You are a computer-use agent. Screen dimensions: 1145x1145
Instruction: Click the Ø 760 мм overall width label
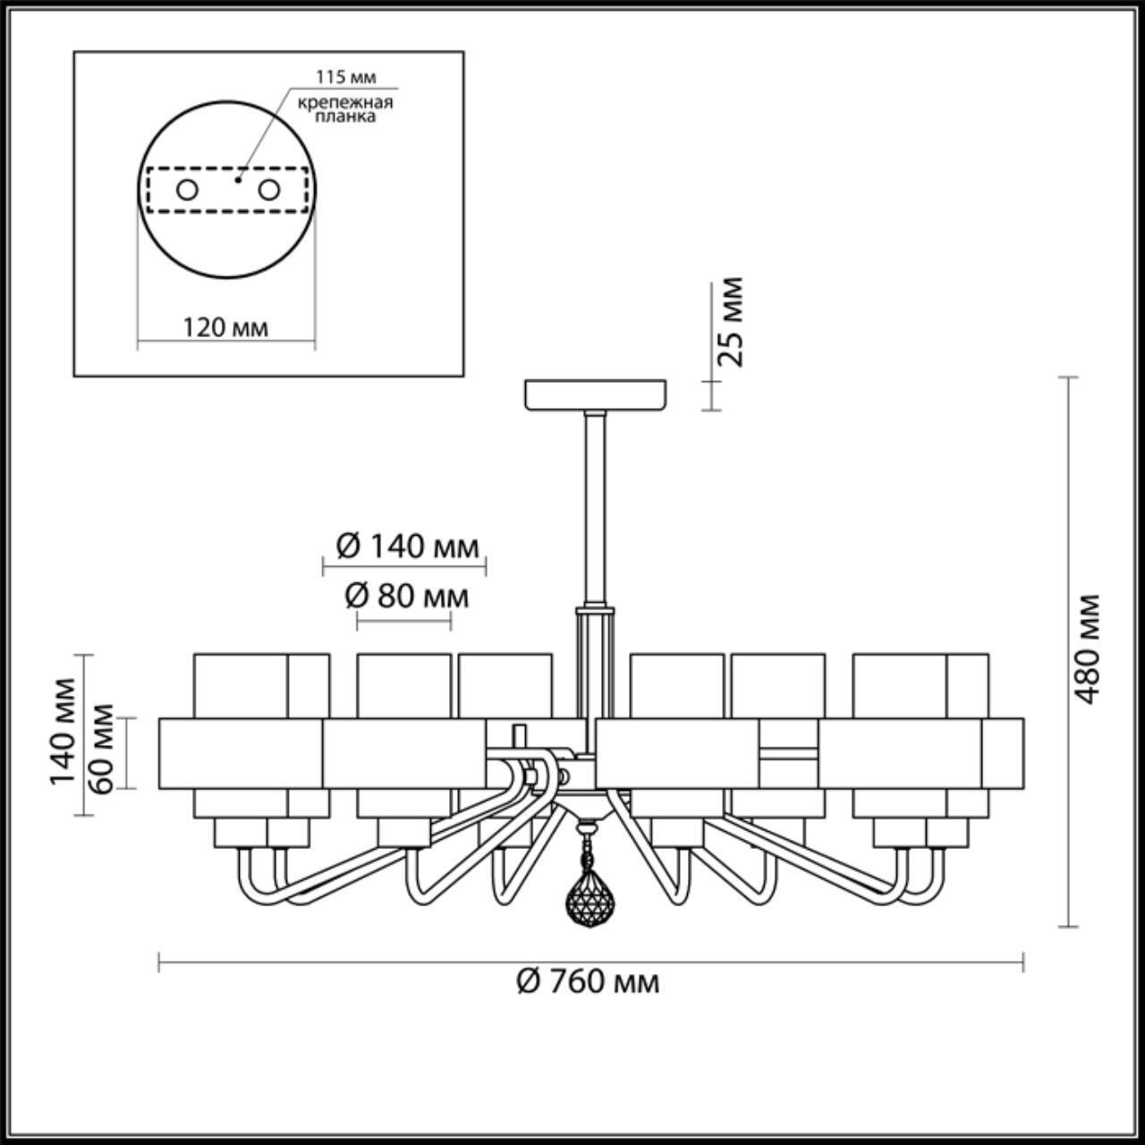589,982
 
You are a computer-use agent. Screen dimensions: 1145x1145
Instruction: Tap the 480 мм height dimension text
1087,649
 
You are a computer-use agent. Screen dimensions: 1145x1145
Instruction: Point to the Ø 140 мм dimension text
407,546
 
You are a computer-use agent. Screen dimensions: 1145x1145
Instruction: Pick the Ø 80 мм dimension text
407,595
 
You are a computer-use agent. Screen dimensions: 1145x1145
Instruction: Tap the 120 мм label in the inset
225,327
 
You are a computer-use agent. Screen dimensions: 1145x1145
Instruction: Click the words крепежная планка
344,109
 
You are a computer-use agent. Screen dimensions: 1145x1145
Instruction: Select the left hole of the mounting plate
187,190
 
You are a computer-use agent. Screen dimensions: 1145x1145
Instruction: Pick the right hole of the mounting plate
268,190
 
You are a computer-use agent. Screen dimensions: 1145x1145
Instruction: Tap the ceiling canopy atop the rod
596,394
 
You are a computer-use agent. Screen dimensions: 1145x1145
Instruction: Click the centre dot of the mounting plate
237,179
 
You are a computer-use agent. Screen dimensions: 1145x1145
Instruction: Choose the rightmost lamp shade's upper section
921,684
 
